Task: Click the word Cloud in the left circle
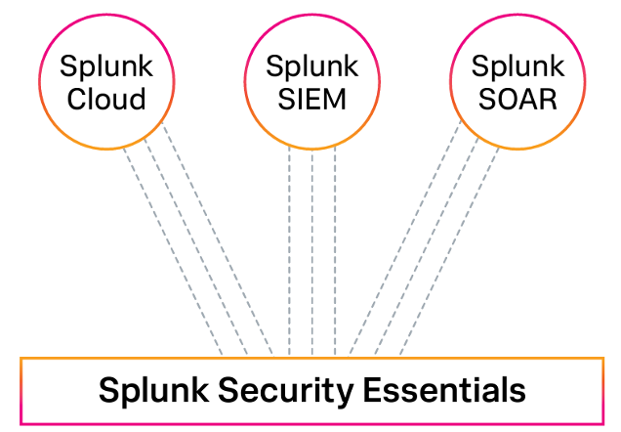[x=107, y=99]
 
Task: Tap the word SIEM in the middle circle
[x=311, y=99]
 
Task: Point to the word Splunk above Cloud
[x=107, y=68]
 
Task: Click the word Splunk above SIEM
[x=311, y=68]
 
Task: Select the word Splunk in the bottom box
[x=156, y=392]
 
